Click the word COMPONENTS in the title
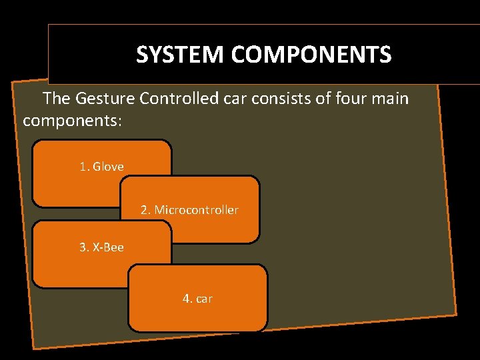[311, 54]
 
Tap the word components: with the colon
[71, 121]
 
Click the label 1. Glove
[101, 167]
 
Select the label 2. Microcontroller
[189, 210]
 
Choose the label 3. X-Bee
[101, 247]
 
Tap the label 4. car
[197, 299]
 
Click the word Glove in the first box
[108, 167]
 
